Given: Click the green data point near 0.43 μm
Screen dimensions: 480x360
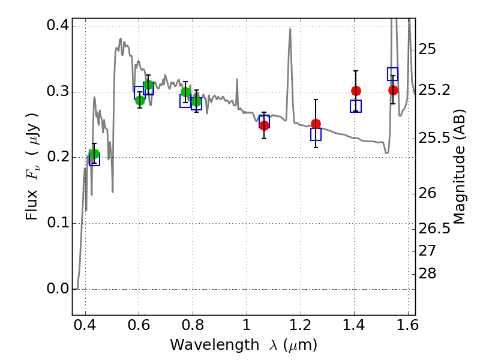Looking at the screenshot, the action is pyautogui.click(x=95, y=154).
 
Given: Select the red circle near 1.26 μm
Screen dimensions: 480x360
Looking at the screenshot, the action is pyautogui.click(x=316, y=124).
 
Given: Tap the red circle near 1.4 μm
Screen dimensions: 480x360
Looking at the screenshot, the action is pyautogui.click(x=356, y=91).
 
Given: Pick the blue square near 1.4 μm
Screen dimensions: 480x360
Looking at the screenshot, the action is pyautogui.click(x=356, y=106).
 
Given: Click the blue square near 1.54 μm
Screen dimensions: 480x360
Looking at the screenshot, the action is pyautogui.click(x=393, y=74).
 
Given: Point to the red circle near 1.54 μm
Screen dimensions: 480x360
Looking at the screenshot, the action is pyautogui.click(x=394, y=91).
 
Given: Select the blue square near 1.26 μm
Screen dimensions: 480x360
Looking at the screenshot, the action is pyautogui.click(x=316, y=134).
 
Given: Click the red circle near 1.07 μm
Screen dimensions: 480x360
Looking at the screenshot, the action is pyautogui.click(x=265, y=125).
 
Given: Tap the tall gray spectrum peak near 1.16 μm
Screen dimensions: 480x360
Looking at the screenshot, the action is pyautogui.click(x=290, y=29).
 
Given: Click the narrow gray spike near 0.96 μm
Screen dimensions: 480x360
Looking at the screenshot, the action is pyautogui.click(x=237, y=80).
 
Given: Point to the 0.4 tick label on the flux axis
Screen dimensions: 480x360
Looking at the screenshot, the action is pyautogui.click(x=58, y=25).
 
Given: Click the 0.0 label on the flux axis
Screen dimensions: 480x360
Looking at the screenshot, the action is pyautogui.click(x=58, y=289).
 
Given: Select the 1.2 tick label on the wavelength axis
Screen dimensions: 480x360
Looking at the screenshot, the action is pyautogui.click(x=301, y=325).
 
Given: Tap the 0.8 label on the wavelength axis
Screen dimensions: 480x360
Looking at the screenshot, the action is pyautogui.click(x=193, y=325).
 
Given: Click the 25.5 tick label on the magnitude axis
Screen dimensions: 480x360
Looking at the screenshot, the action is pyautogui.click(x=434, y=139).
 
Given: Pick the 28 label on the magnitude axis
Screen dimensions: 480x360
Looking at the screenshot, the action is pyautogui.click(x=427, y=274).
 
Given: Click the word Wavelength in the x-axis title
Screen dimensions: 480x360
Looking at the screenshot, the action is pyautogui.click(x=215, y=346).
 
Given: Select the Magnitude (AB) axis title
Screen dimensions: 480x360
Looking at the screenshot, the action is pyautogui.click(x=458, y=167).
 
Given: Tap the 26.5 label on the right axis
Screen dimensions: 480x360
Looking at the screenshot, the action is pyautogui.click(x=434, y=229).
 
